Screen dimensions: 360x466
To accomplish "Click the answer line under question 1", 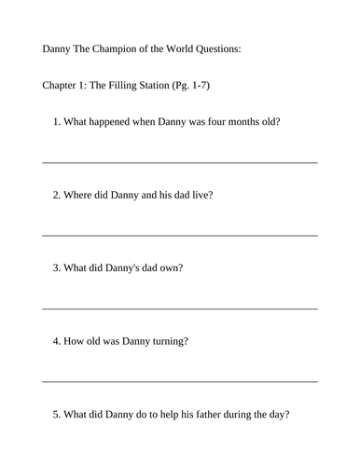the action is pyautogui.click(x=180, y=162).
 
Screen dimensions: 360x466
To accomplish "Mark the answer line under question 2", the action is pyautogui.click(x=180, y=235).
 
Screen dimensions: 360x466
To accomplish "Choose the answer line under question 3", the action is pyautogui.click(x=180, y=308).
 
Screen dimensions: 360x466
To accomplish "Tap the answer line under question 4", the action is pyautogui.click(x=180, y=380).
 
